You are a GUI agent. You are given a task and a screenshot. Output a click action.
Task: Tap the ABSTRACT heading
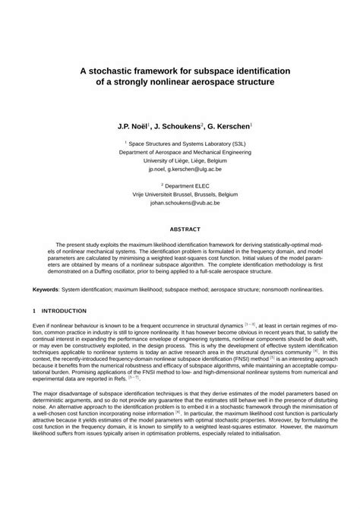coord(180,229)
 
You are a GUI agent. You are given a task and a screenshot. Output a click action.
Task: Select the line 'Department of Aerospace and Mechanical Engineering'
coord(180,150)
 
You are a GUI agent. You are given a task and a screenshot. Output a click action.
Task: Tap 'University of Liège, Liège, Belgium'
coord(180,159)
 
